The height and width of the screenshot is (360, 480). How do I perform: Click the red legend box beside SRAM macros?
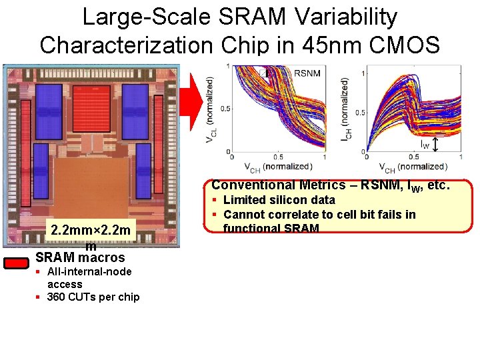click(17, 263)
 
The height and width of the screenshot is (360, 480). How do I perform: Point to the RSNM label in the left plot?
click(307, 72)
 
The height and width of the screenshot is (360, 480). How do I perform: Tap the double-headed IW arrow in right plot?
click(435, 145)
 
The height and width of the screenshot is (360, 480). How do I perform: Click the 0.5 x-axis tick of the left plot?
click(277, 157)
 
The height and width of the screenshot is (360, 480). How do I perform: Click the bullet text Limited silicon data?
click(279, 200)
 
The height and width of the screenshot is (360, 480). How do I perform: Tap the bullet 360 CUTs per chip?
click(93, 297)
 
